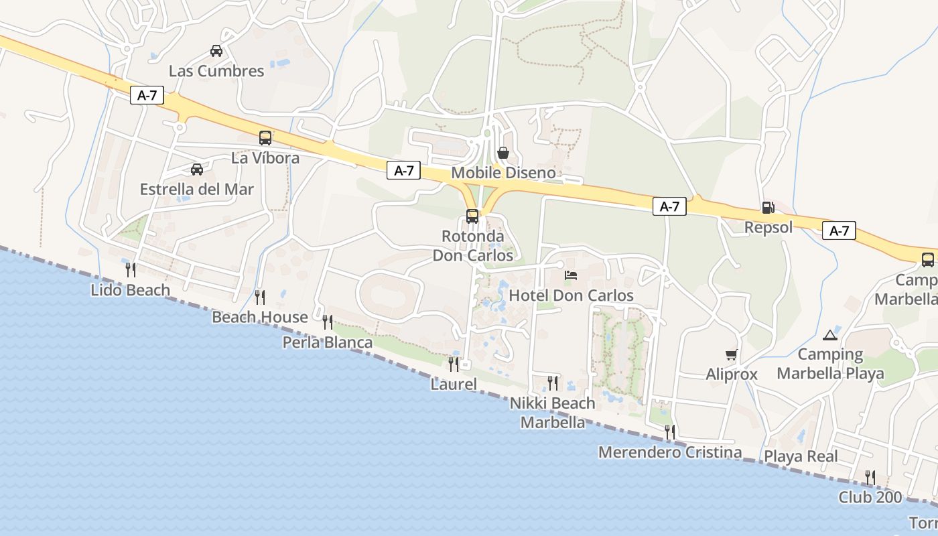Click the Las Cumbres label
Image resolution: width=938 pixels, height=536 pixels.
(216, 71)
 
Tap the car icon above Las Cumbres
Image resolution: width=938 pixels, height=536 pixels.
(216, 51)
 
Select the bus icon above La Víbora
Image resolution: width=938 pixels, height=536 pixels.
(265, 138)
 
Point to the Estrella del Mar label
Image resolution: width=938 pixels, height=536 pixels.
(197, 190)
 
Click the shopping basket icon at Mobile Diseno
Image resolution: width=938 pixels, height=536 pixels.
(503, 153)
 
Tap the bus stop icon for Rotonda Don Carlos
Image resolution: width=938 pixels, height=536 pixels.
(472, 216)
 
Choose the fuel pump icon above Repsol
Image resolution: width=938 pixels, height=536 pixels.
(768, 208)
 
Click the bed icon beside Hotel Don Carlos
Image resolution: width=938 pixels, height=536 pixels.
(571, 275)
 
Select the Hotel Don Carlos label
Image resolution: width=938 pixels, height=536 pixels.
(572, 295)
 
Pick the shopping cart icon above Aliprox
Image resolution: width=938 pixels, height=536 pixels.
(731, 354)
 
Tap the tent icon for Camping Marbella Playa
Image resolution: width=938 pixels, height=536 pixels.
(830, 334)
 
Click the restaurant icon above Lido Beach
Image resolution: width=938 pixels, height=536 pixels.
(131, 270)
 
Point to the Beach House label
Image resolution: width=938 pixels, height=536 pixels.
(260, 317)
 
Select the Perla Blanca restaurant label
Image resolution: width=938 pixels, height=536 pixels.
(328, 343)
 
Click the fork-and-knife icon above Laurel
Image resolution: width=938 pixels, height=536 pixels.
(454, 364)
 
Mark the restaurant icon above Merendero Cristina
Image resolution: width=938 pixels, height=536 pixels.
(670, 432)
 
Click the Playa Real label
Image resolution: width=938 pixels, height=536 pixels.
(801, 457)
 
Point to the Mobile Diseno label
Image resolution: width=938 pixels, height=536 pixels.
(504, 173)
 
